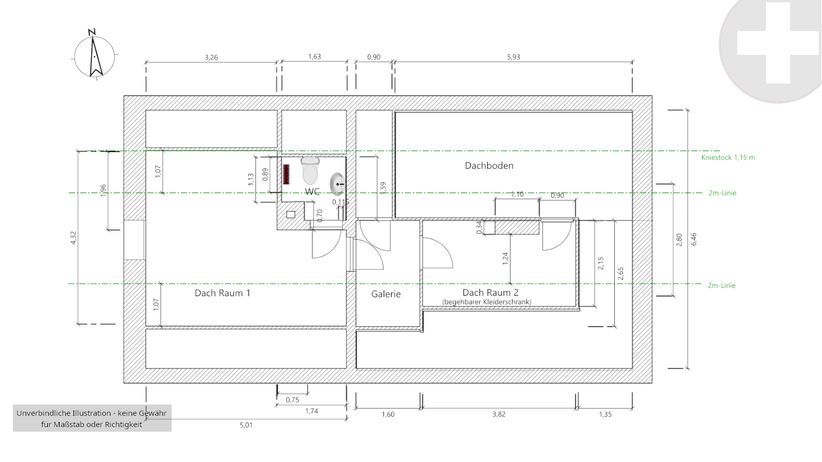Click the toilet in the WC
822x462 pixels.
click(310, 171)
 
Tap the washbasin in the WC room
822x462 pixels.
click(337, 184)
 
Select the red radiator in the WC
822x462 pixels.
click(286, 175)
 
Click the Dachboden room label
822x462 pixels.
click(489, 166)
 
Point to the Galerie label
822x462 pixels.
click(386, 294)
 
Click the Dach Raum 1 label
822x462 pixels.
click(223, 293)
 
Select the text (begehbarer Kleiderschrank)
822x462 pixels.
click(487, 302)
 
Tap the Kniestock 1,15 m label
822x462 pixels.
click(728, 158)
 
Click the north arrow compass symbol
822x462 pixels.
click(94, 55)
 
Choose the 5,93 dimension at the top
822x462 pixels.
click(514, 57)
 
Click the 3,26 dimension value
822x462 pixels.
click(211, 57)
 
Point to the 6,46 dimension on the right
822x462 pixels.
click(693, 239)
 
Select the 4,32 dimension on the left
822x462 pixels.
click(74, 237)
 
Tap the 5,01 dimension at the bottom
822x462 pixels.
click(246, 425)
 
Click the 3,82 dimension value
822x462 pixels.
click(499, 414)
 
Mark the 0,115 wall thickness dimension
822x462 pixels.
click(340, 202)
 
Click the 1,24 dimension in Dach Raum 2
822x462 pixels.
click(505, 259)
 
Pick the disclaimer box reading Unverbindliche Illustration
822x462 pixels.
click(92, 418)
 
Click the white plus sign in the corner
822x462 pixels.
click(778, 43)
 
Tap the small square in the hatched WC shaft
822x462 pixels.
click(290, 215)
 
